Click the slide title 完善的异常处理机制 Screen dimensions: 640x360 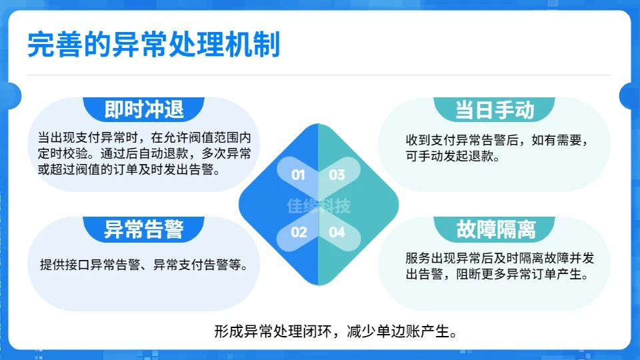pyautogui.click(x=153, y=45)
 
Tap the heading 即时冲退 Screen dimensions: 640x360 pyautogui.click(x=144, y=109)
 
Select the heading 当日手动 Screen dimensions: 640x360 pyautogui.click(x=494, y=110)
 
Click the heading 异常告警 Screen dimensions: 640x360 pyautogui.click(x=144, y=229)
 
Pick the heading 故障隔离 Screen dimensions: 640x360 pyautogui.click(x=495, y=229)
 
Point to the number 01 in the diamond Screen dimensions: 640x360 pyautogui.click(x=298, y=175)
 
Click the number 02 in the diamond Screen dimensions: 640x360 pyautogui.click(x=299, y=232)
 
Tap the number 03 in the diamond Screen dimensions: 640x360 pyautogui.click(x=337, y=175)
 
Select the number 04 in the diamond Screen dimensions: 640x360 pyautogui.click(x=337, y=232)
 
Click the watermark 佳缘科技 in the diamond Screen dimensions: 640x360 pyautogui.click(x=319, y=206)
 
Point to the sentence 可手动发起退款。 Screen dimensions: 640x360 pyautogui.click(x=453, y=156)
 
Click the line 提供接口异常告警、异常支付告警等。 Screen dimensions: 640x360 pyautogui.click(x=144, y=265)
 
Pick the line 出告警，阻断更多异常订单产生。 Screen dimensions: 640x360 pyautogui.click(x=497, y=274)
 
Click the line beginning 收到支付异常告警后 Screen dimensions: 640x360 pyautogui.click(x=497, y=141)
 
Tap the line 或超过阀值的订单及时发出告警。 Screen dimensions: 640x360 pyautogui.click(x=129, y=169)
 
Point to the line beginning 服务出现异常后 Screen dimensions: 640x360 pyautogui.click(x=499, y=258)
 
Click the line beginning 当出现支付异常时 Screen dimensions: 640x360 pyautogui.click(x=144, y=137)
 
